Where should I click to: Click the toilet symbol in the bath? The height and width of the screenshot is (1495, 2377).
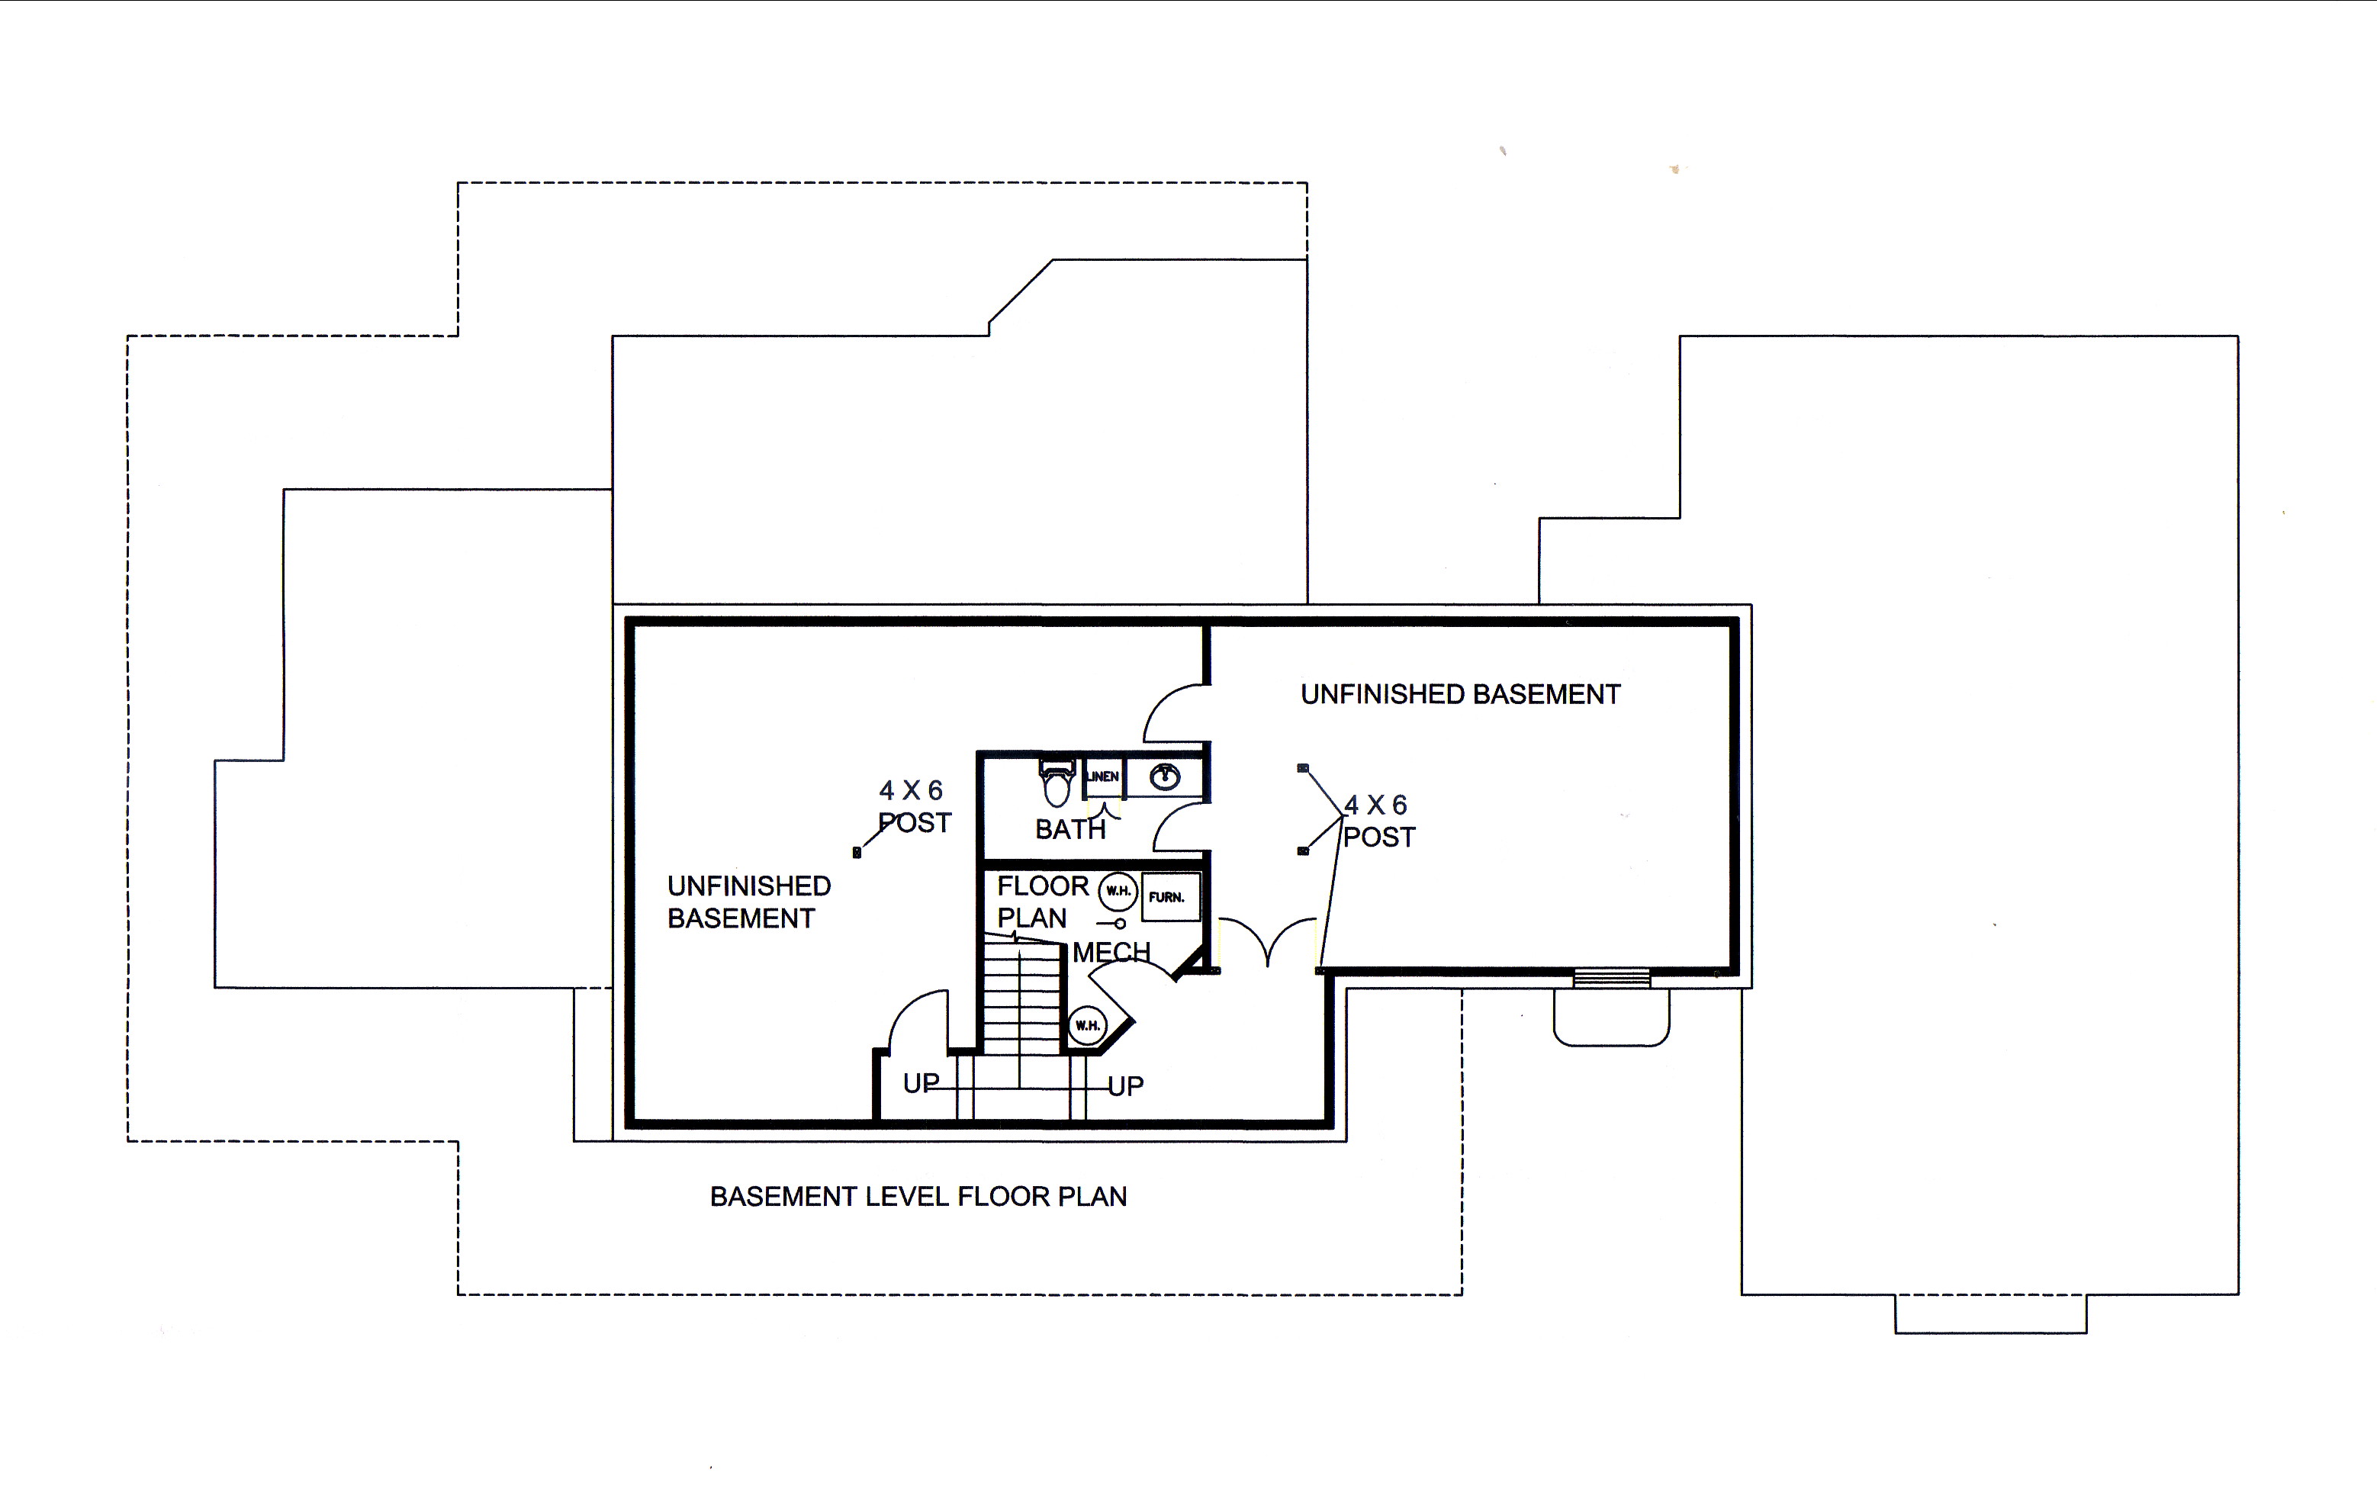(x=1057, y=783)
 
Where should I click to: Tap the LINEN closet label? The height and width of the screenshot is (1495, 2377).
(x=1102, y=776)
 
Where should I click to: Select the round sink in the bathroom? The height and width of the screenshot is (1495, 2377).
(x=1165, y=777)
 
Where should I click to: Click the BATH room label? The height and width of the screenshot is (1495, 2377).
(x=1070, y=830)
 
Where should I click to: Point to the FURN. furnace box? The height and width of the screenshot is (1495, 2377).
(x=1171, y=897)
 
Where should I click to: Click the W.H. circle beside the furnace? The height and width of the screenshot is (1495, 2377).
(x=1118, y=891)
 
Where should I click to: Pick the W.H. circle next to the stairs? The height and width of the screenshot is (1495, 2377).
(x=1088, y=1025)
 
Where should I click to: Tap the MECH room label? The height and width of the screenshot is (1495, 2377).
(x=1111, y=952)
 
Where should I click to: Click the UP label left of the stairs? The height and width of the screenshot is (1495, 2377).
(x=921, y=1084)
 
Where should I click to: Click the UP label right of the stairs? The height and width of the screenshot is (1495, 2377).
(x=1125, y=1086)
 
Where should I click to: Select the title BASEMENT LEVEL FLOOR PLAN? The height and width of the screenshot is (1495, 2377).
(x=918, y=1197)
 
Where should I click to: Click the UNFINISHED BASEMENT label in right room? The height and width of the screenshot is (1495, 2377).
(x=1460, y=695)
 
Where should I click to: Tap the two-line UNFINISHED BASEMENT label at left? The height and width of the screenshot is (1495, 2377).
(x=748, y=902)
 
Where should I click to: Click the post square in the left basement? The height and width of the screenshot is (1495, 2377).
(x=857, y=853)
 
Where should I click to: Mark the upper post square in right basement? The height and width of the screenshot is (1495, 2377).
(x=1303, y=768)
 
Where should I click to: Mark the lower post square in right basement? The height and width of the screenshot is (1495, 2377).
(x=1303, y=850)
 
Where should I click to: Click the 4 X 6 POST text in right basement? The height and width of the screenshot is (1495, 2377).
(x=1379, y=821)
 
